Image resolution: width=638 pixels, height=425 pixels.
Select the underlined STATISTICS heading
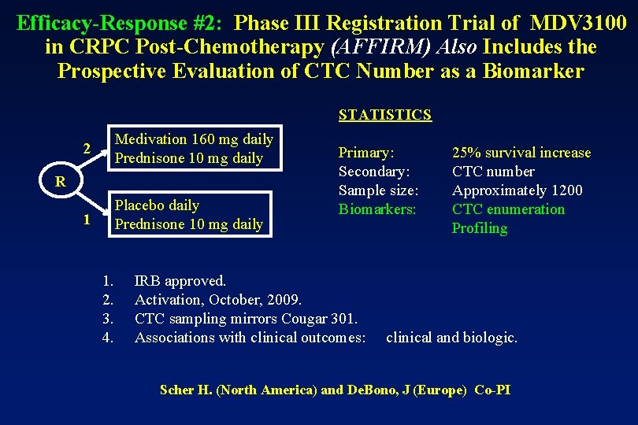[384, 115]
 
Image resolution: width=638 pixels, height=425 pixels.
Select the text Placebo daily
[157, 205]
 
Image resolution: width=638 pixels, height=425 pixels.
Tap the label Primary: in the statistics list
[366, 153]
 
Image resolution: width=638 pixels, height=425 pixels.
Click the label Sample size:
[378, 190]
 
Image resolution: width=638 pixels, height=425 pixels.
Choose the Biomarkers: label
[377, 209]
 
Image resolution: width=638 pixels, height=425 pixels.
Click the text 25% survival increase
[521, 153]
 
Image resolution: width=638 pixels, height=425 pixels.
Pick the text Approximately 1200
[517, 190]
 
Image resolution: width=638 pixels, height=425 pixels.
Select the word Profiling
[479, 228]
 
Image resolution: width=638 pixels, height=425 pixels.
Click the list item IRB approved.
[180, 281]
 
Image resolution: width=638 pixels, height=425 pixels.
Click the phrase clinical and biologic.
[451, 338]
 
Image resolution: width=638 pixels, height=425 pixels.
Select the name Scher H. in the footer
[184, 390]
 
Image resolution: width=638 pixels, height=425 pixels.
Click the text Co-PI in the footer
[492, 390]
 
